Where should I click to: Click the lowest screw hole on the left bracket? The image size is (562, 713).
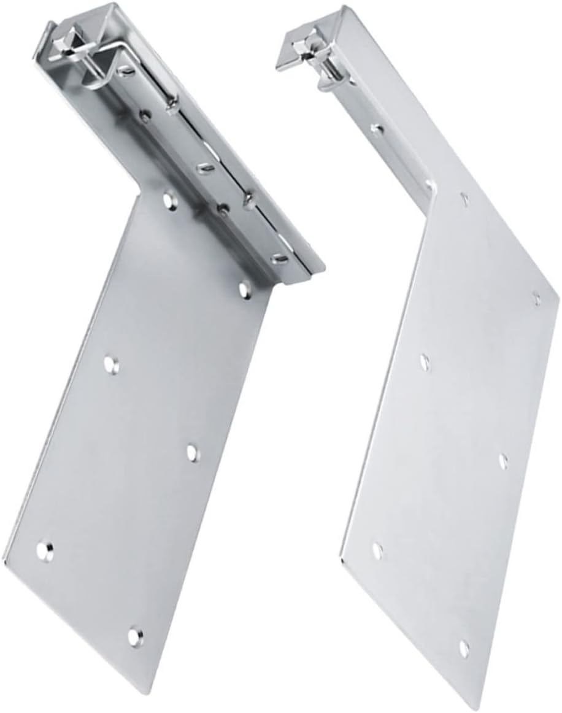134,636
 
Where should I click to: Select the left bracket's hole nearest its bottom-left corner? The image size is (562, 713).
44,550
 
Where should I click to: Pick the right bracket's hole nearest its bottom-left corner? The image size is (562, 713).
377,550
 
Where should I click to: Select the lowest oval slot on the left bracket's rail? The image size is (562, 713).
279,259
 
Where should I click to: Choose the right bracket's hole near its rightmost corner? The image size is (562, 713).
537,299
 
